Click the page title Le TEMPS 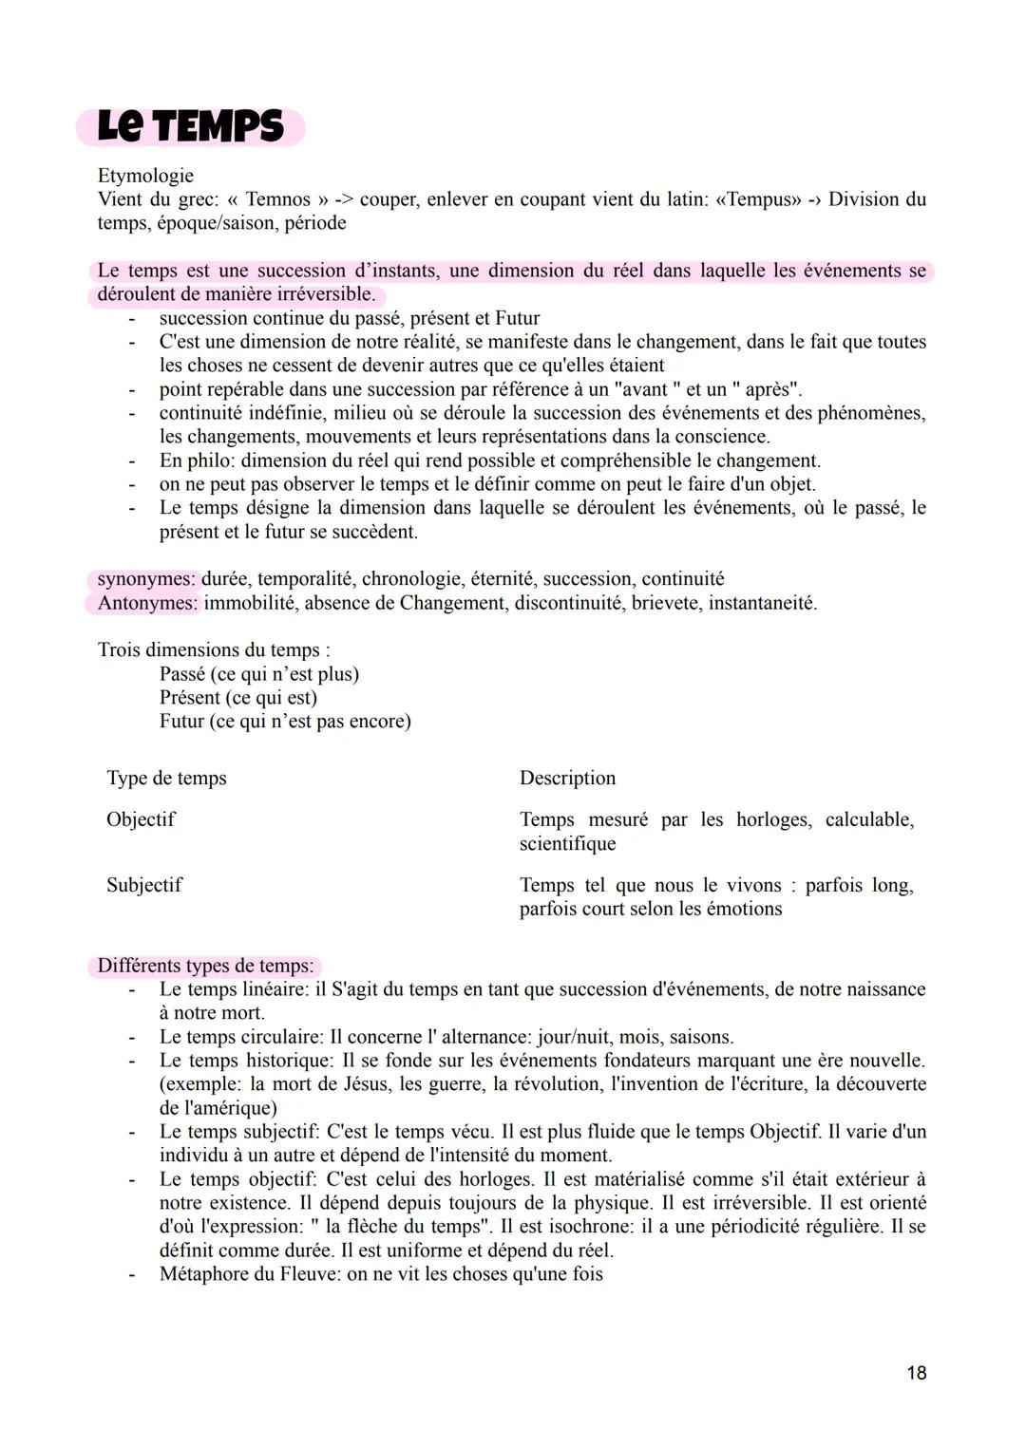pyautogui.click(x=190, y=126)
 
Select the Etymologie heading pyautogui.click(x=145, y=176)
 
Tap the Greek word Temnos pyautogui.click(x=277, y=199)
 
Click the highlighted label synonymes pyautogui.click(x=146, y=579)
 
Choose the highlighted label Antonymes pyautogui.click(x=147, y=603)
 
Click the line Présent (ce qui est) pyautogui.click(x=238, y=698)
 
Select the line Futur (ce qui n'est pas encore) pyautogui.click(x=285, y=722)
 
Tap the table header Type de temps pyautogui.click(x=166, y=779)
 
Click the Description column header pyautogui.click(x=567, y=779)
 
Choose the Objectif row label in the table pyautogui.click(x=141, y=819)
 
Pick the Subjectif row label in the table pyautogui.click(x=144, y=885)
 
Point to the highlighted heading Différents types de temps pyautogui.click(x=205, y=966)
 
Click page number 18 pyautogui.click(x=916, y=1373)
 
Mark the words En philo pyautogui.click(x=197, y=461)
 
